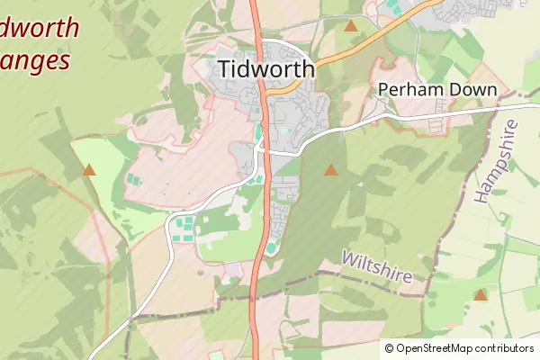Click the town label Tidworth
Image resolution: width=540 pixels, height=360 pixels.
[x=265, y=69]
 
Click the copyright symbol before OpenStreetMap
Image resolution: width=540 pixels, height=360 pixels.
[x=389, y=348]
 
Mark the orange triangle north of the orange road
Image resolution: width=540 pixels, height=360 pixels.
[x=350, y=25]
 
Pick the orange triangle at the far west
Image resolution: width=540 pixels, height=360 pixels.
[x=89, y=169]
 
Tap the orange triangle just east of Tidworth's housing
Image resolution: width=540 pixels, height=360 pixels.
[x=331, y=169]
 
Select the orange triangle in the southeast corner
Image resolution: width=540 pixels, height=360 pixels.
[x=481, y=294]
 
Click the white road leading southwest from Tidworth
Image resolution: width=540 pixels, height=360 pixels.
[x=180, y=216]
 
